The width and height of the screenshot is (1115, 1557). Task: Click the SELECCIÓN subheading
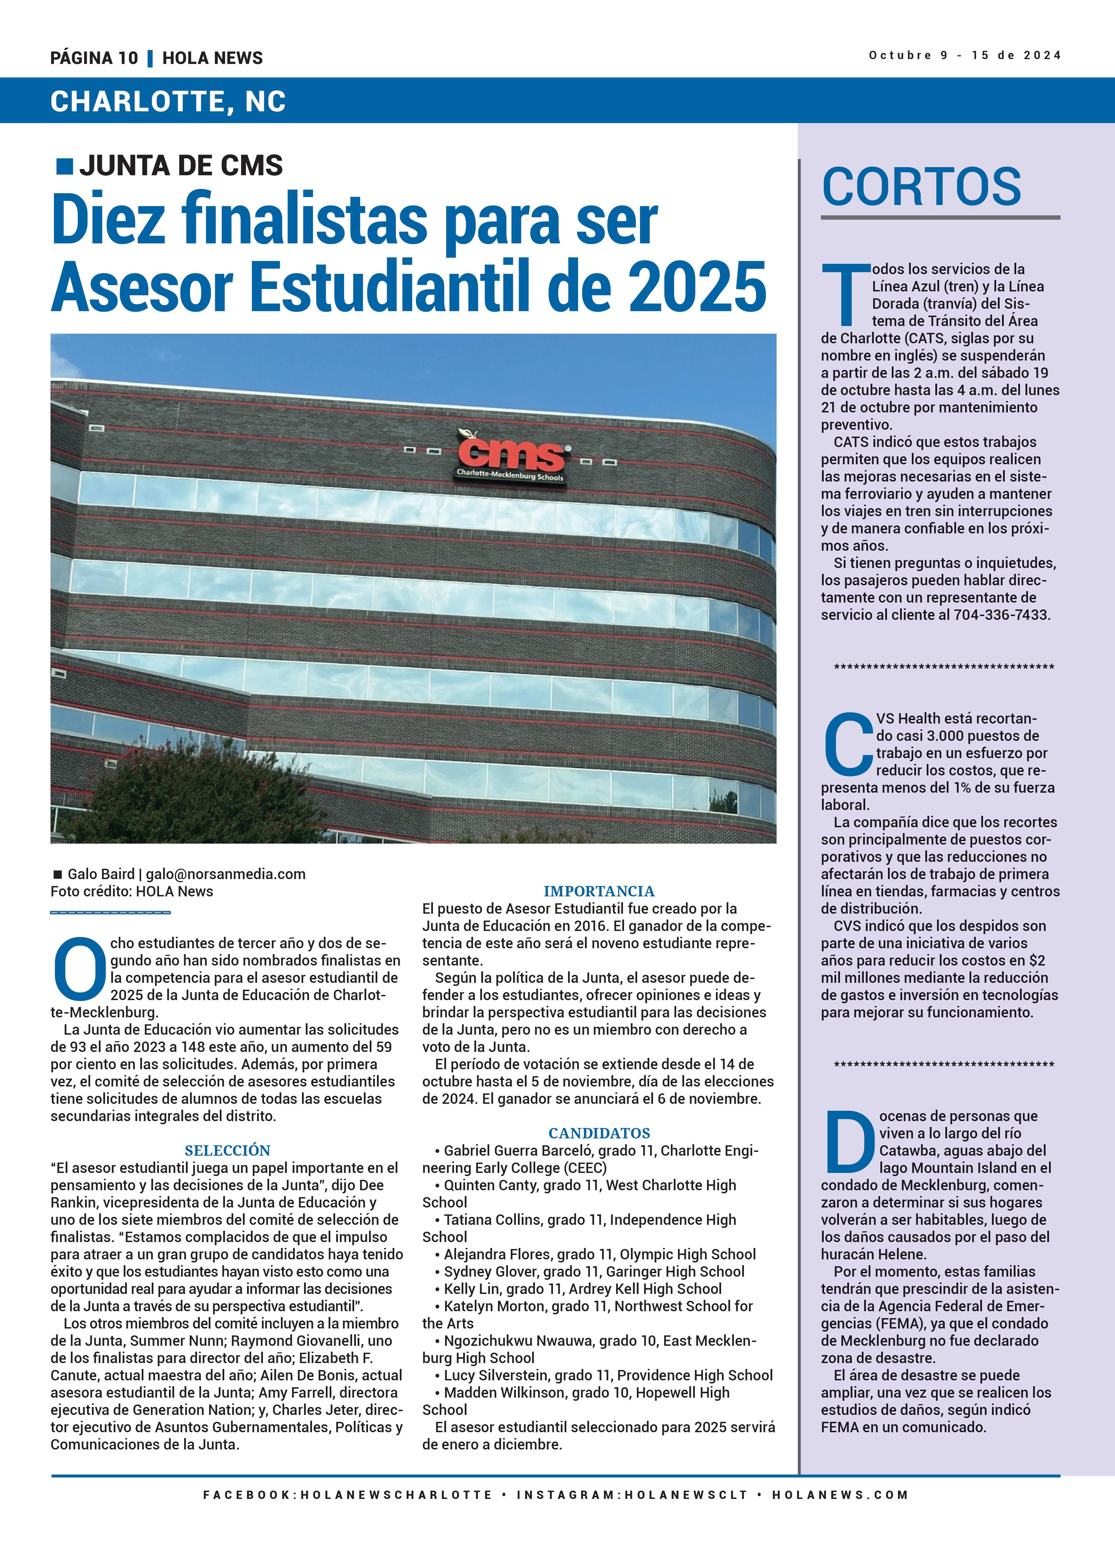(227, 1150)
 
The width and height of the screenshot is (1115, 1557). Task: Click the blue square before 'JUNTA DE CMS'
(65, 166)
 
